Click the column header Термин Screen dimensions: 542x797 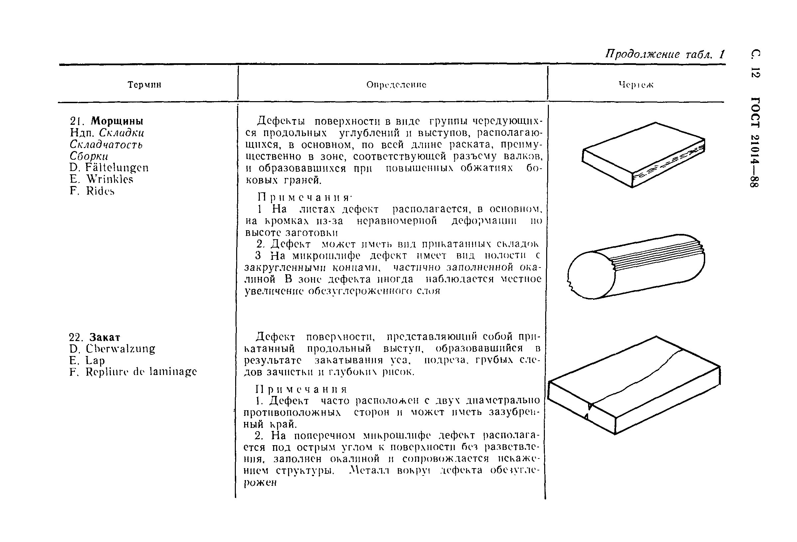point(144,85)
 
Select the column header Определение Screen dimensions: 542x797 point(396,85)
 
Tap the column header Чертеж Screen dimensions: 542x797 point(636,85)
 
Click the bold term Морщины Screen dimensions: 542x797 point(117,121)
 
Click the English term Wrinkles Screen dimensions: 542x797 point(109,179)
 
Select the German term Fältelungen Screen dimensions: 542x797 point(117,167)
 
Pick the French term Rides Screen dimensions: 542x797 point(100,191)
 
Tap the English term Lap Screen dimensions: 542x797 point(95,361)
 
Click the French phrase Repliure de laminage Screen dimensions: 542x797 point(141,372)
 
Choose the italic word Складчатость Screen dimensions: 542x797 point(106,144)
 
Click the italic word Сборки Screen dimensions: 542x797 point(89,156)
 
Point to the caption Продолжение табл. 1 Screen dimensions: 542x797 point(665,55)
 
